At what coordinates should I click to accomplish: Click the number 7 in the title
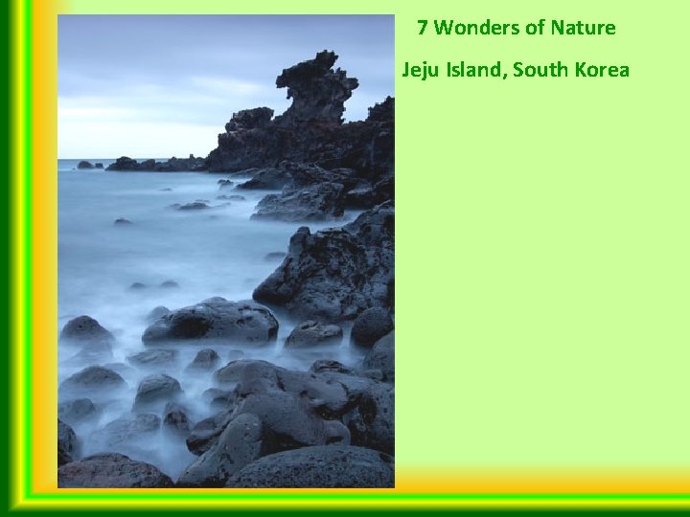(x=423, y=28)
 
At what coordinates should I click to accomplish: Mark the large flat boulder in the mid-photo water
(x=211, y=323)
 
